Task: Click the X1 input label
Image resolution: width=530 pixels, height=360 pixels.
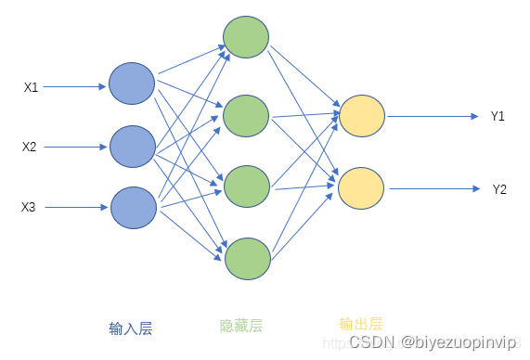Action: [31, 87]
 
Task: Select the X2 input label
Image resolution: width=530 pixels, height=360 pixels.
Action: [30, 147]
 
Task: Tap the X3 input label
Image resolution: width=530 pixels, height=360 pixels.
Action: [29, 207]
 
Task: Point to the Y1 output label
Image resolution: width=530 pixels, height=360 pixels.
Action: [498, 116]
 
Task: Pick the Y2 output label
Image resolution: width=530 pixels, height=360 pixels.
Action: [499, 189]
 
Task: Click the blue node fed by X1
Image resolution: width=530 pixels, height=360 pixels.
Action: [132, 84]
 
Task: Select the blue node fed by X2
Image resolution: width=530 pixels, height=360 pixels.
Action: [133, 147]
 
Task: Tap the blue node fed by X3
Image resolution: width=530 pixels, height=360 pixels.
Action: [134, 207]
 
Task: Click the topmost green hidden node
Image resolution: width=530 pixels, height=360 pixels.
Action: [246, 36]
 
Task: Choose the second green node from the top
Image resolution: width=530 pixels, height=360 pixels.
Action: [246, 114]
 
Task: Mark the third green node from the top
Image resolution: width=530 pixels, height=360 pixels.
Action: [246, 185]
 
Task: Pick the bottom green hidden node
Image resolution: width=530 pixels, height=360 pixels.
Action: [247, 257]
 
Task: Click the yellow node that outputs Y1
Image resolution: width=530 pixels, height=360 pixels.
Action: [362, 116]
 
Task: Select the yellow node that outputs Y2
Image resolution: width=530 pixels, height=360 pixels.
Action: [361, 188]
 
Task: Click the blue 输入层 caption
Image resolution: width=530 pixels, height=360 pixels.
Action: [130, 328]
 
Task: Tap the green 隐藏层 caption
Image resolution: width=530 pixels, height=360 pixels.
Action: [240, 326]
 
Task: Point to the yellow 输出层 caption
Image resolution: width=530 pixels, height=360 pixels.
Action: [360, 324]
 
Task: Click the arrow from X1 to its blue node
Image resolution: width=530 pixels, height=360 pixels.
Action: [75, 87]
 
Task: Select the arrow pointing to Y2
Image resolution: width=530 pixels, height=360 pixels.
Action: [435, 189]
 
